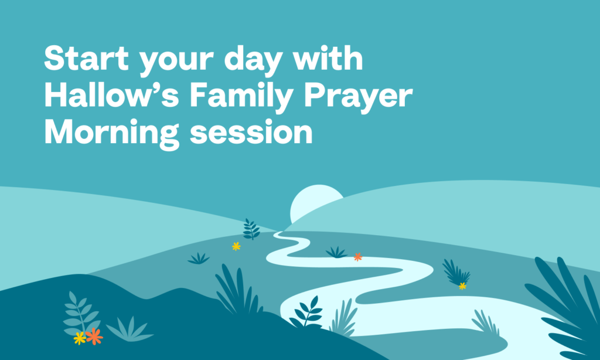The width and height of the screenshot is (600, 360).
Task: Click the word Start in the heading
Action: click(86, 58)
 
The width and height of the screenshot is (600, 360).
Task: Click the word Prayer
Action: click(358, 98)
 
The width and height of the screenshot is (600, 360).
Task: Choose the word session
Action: click(251, 132)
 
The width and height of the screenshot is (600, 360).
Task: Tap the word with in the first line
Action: click(328, 58)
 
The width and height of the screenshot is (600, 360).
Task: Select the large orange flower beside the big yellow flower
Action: click(94, 337)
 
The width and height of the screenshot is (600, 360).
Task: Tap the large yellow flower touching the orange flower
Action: click(80, 338)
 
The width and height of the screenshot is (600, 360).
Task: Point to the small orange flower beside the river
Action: click(358, 257)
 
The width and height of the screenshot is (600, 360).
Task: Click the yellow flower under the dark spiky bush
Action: click(463, 286)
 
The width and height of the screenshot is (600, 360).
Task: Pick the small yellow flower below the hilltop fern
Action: click(236, 246)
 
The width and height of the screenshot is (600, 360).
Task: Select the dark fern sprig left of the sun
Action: click(251, 229)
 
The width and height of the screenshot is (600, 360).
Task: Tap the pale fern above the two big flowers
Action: click(81, 312)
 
